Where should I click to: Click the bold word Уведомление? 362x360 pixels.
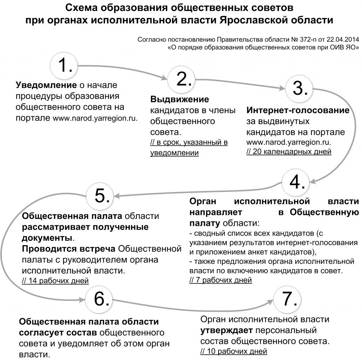(46, 85)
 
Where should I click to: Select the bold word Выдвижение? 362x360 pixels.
(180, 99)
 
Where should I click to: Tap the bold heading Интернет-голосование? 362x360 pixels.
(298, 110)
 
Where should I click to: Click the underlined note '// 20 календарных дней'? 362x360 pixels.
(289, 151)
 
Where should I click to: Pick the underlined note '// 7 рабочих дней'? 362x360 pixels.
(221, 280)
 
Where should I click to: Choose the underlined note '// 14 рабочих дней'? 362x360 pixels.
(55, 280)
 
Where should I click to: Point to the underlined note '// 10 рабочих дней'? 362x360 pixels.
(234, 351)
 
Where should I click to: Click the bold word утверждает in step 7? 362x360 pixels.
(227, 330)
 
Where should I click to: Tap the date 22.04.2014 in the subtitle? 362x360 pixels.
(343, 40)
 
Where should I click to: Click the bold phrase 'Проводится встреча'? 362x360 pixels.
(69, 249)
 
